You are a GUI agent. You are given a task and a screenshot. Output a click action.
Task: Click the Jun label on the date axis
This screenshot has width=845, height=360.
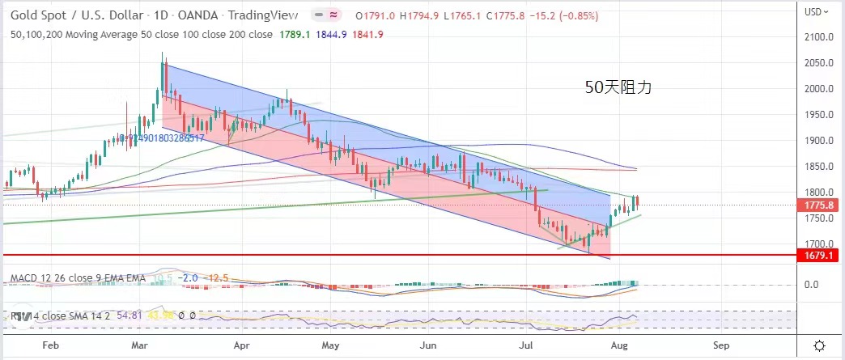tap(429, 345)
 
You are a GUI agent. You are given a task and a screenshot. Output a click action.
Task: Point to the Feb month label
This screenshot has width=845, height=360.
tap(50, 345)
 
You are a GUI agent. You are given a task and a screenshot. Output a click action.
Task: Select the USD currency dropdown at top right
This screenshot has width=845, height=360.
tap(818, 11)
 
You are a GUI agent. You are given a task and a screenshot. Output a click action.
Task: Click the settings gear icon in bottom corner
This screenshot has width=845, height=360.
tap(820, 345)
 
